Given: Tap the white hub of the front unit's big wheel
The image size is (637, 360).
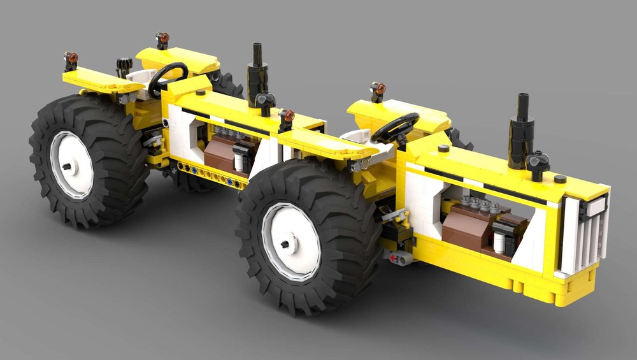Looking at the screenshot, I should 290,241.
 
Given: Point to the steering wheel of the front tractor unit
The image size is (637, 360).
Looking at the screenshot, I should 395,127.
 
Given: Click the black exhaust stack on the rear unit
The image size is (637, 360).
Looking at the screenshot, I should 258,70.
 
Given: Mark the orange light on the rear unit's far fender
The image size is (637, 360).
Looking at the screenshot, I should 162,39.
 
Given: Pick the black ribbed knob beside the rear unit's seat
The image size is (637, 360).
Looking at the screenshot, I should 124,66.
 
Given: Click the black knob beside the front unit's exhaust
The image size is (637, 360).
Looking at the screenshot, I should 538,163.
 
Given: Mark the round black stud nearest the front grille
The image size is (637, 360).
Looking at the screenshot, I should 560,179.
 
